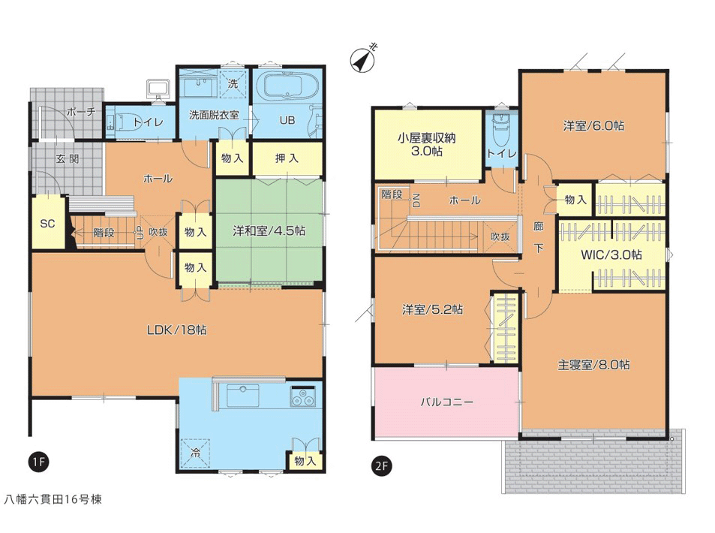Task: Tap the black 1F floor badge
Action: [x=38, y=462]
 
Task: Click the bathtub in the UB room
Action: [x=281, y=87]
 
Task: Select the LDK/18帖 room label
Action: [x=177, y=330]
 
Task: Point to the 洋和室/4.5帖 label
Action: [x=269, y=230]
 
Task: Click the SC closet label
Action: [x=47, y=224]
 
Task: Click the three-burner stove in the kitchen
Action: [x=302, y=396]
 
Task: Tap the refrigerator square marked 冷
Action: [x=195, y=453]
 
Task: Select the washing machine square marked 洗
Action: [x=233, y=83]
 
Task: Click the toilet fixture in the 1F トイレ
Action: [x=120, y=122]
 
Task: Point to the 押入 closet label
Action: [x=287, y=158]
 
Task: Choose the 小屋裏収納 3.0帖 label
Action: [x=426, y=144]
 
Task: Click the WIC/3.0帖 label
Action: [x=611, y=254]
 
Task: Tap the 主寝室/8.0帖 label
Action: [x=594, y=365]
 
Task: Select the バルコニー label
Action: [x=447, y=402]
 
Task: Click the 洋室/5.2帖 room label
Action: [x=433, y=310]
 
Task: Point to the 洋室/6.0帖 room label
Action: [x=593, y=125]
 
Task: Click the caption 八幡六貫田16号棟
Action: [x=53, y=499]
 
